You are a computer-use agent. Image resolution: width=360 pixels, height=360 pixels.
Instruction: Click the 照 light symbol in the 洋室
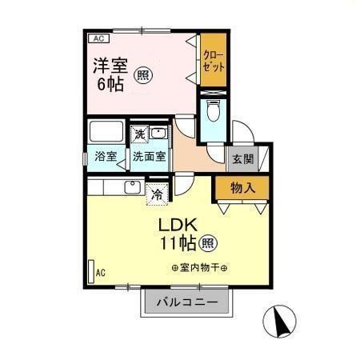coord(142,75)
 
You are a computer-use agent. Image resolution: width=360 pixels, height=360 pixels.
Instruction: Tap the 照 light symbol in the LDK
coord(207,241)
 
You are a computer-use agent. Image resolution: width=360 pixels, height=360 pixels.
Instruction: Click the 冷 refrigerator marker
coord(157,193)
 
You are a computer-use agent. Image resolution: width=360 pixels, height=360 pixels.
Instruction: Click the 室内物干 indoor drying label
coord(199,268)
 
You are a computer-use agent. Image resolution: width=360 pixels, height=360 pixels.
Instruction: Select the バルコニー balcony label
coord(190,303)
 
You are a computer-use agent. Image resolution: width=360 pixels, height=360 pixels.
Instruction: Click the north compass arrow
coord(281,323)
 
